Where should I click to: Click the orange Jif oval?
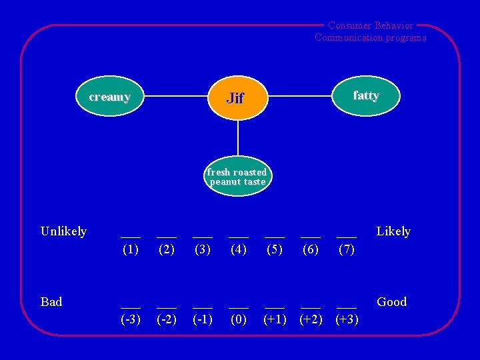pos(237,98)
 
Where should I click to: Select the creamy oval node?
pos(110,97)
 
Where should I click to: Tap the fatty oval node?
pos(365,96)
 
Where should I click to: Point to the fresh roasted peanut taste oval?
pos(237,177)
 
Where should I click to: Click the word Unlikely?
pos(63,231)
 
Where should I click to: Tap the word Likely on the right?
pos(393,231)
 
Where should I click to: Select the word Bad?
pos(51,302)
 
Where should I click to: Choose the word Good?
pos(392,302)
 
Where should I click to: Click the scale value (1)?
pos(131,251)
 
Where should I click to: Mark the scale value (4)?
pos(239,251)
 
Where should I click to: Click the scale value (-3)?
pos(131,319)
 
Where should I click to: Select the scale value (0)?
pos(239,319)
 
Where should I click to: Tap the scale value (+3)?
pos(347,319)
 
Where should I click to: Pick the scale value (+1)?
pos(275,319)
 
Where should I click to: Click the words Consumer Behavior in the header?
pos(371,25)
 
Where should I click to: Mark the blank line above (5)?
pos(275,237)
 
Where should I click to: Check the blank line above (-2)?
pos(167,307)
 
